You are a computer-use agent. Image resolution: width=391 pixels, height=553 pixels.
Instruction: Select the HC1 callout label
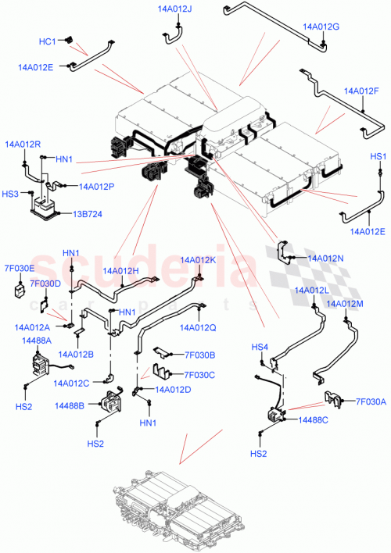coord(48,41)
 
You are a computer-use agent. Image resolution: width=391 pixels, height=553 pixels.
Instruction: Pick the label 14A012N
coord(327,257)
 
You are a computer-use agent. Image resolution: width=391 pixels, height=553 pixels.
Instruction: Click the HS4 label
coord(259,346)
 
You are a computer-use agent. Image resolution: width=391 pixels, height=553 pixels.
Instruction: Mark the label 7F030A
coord(371,401)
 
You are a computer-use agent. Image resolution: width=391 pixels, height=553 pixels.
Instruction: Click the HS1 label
coord(379,157)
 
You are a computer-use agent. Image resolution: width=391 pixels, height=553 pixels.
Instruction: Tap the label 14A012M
coord(345,304)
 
